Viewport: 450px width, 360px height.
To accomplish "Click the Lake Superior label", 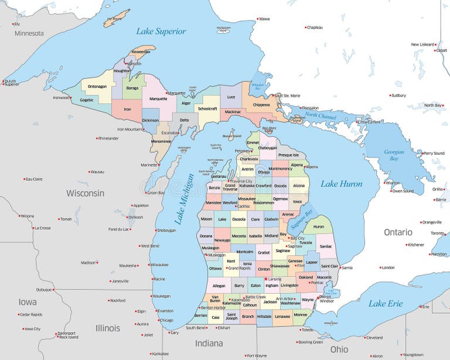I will coord(161,31).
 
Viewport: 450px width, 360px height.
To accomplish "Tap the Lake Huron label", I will coord(341,184).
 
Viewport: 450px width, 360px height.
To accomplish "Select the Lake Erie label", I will coord(385,303).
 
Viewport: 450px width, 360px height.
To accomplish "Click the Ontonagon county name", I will coord(97,86).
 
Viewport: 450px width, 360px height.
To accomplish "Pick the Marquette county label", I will coord(158,99).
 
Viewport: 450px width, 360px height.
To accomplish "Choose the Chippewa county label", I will coord(261,105).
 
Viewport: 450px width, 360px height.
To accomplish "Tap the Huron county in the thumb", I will coord(318,226).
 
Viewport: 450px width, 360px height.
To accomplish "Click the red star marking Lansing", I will coord(265,279).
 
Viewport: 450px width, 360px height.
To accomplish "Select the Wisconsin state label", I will coord(85,193).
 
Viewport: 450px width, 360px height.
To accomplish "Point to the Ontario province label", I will coord(398,232).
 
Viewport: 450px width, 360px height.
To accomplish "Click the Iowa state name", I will coord(27,302).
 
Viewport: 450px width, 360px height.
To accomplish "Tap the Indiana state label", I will coord(209,343).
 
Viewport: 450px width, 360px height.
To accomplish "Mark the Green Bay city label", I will coord(156,192).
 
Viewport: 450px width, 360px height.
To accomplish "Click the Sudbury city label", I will coord(398,95).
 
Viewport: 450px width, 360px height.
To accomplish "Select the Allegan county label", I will coord(219,286).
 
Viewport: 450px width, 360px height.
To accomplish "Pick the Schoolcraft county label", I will coord(207,108).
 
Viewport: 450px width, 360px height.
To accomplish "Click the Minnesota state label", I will coord(29,33).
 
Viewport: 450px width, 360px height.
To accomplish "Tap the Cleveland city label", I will coord(374,338).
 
